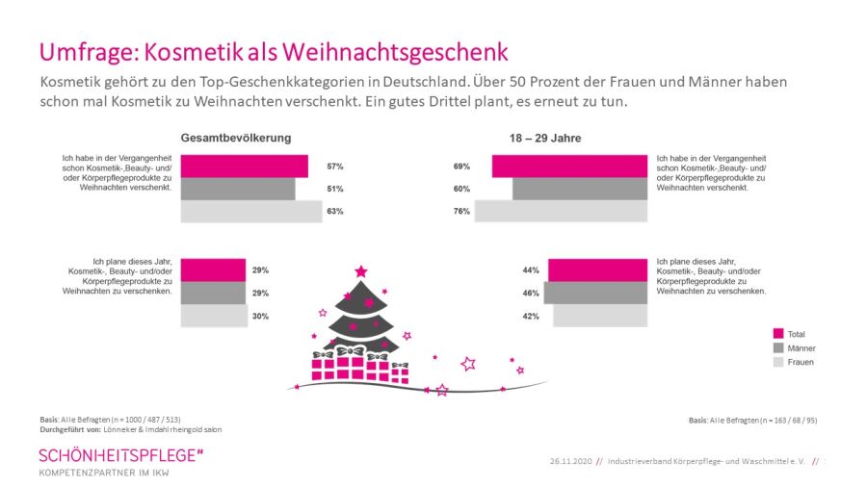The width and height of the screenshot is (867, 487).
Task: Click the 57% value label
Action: pos(334,167)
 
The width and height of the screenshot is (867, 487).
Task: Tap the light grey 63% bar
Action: pos(251,211)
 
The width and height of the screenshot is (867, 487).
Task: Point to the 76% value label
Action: pos(461,211)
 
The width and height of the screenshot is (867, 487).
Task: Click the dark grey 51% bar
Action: pos(238,189)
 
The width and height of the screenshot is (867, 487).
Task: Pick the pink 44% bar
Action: pos(597,270)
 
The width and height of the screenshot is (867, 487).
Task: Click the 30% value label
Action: pos(260,316)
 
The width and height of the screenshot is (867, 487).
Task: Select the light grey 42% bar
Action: pos(599,316)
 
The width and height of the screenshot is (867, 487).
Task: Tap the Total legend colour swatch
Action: pos(779,334)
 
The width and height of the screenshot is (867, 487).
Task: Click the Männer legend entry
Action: pos(801,348)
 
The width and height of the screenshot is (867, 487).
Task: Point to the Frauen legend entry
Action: pos(800,362)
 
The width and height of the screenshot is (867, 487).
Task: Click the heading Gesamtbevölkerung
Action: pos(235,138)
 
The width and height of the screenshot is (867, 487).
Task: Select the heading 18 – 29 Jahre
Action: pos(545,138)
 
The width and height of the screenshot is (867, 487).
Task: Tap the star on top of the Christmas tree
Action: pos(361,271)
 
